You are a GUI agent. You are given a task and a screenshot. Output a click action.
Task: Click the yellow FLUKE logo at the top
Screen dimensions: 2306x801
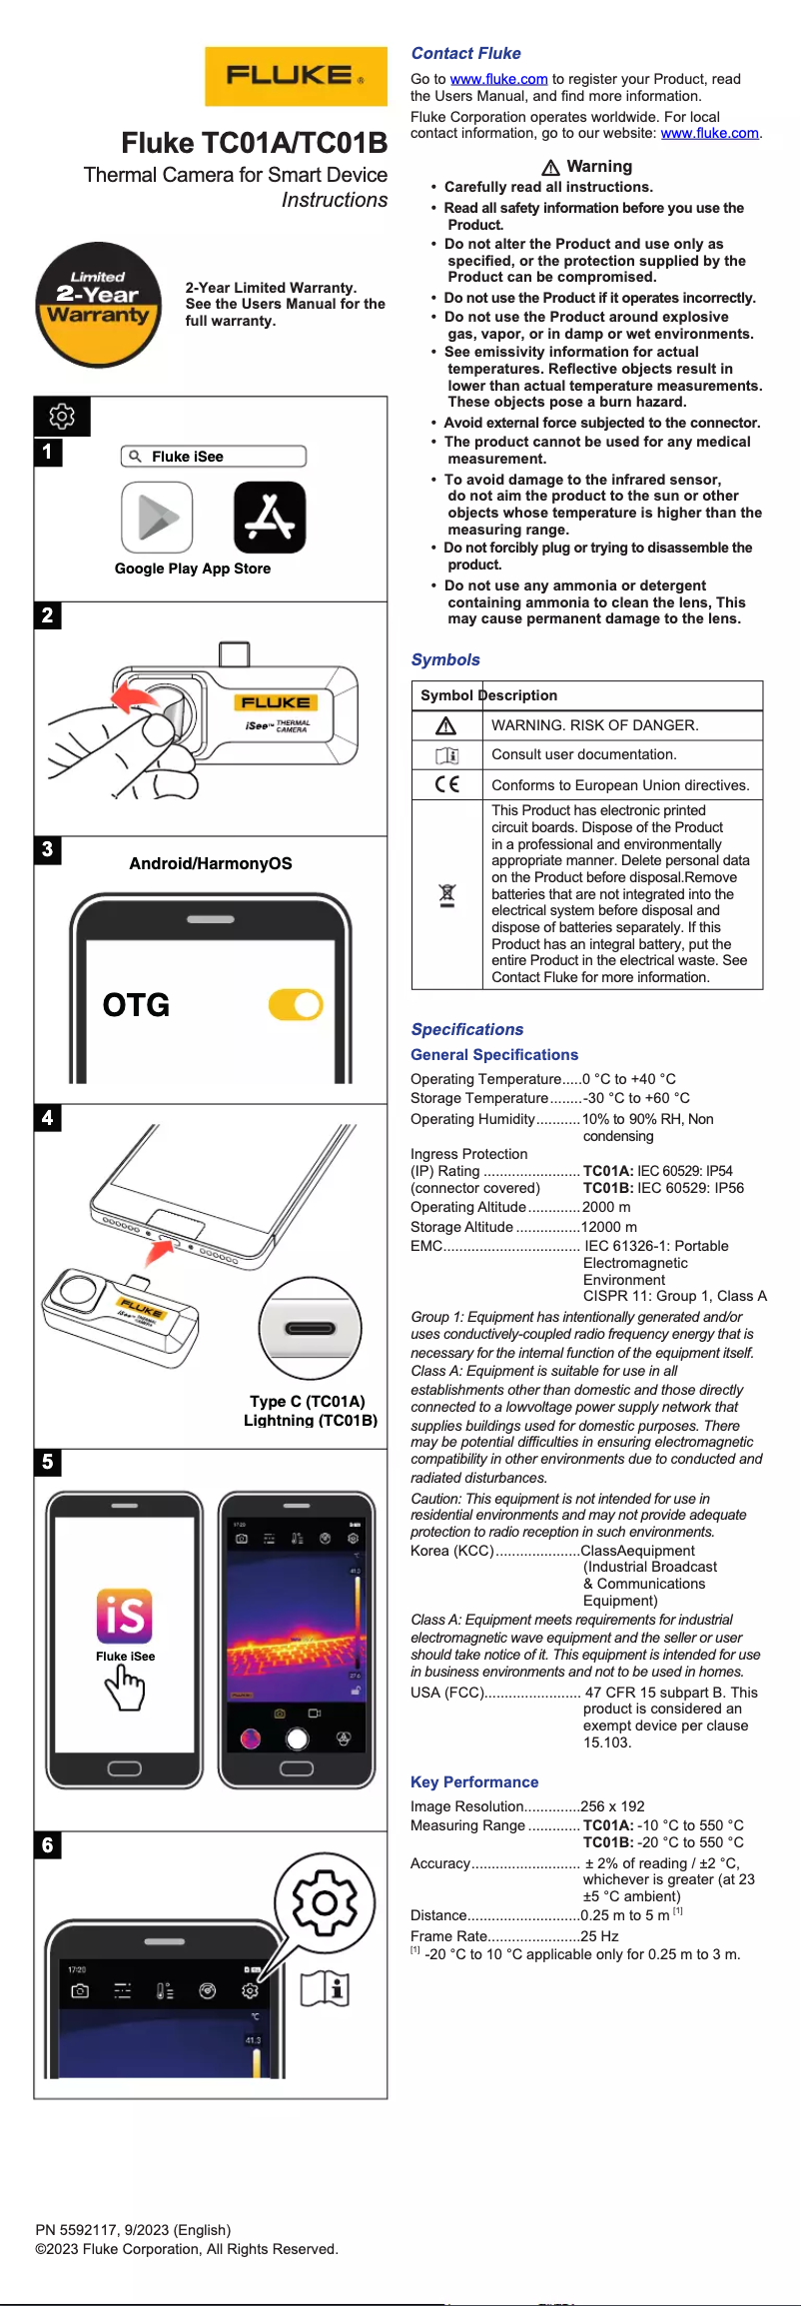pyautogui.click(x=296, y=76)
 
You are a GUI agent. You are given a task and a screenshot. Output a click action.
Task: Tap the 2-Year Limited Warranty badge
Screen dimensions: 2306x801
pyautogui.click(x=98, y=304)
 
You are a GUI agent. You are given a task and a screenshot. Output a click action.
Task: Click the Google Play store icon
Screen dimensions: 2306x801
pyautogui.click(x=157, y=517)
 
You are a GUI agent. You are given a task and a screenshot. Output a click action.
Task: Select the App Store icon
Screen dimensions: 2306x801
pyautogui.click(x=270, y=517)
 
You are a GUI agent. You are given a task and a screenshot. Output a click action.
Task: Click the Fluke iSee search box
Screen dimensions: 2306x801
pyautogui.click(x=213, y=457)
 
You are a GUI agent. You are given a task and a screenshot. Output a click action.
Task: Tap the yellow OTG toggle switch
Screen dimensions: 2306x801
pyautogui.click(x=296, y=1004)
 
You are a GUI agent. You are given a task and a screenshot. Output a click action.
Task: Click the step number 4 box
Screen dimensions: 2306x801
pyautogui.click(x=48, y=1117)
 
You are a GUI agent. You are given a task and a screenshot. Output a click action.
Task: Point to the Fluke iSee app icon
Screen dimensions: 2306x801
pyautogui.click(x=125, y=1616)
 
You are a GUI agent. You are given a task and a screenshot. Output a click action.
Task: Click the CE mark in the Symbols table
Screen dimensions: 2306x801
pyautogui.click(x=447, y=784)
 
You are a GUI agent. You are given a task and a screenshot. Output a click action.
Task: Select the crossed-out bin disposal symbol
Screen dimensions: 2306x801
pyautogui.click(x=447, y=894)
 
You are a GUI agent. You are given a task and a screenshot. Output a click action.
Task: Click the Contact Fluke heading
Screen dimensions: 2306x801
pyautogui.click(x=465, y=53)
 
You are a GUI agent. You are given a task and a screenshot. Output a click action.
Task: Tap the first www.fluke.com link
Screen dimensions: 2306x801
pyautogui.click(x=498, y=79)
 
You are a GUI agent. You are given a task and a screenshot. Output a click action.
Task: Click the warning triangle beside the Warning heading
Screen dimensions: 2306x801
pyautogui.click(x=550, y=167)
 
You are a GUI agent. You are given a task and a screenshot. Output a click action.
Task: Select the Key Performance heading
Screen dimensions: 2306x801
pyautogui.click(x=473, y=1781)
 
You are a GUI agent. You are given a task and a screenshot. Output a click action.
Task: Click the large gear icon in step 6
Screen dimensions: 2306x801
pyautogui.click(x=325, y=1901)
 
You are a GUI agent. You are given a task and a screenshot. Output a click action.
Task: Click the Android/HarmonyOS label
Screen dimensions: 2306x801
pyautogui.click(x=211, y=863)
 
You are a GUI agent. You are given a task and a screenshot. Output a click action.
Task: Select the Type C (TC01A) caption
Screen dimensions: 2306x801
pyautogui.click(x=308, y=1401)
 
